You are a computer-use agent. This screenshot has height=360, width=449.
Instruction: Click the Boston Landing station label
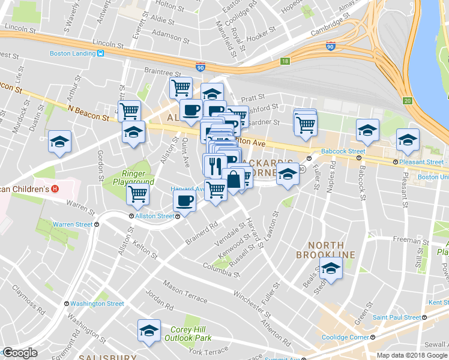[x=73, y=53]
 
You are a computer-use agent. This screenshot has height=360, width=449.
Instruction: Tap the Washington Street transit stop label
[x=97, y=304]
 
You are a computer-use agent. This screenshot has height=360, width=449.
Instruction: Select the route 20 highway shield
[x=408, y=100]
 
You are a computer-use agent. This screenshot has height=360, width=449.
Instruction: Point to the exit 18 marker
[x=285, y=61]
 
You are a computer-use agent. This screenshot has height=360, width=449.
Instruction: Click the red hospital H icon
[x=55, y=188]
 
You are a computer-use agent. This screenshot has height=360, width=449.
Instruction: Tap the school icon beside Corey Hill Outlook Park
[x=149, y=330]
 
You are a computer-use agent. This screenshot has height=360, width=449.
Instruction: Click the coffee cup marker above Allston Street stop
[x=185, y=201]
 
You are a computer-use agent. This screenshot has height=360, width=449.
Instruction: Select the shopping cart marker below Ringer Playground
[x=138, y=194]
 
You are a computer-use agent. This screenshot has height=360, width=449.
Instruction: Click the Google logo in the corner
[x=20, y=353]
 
